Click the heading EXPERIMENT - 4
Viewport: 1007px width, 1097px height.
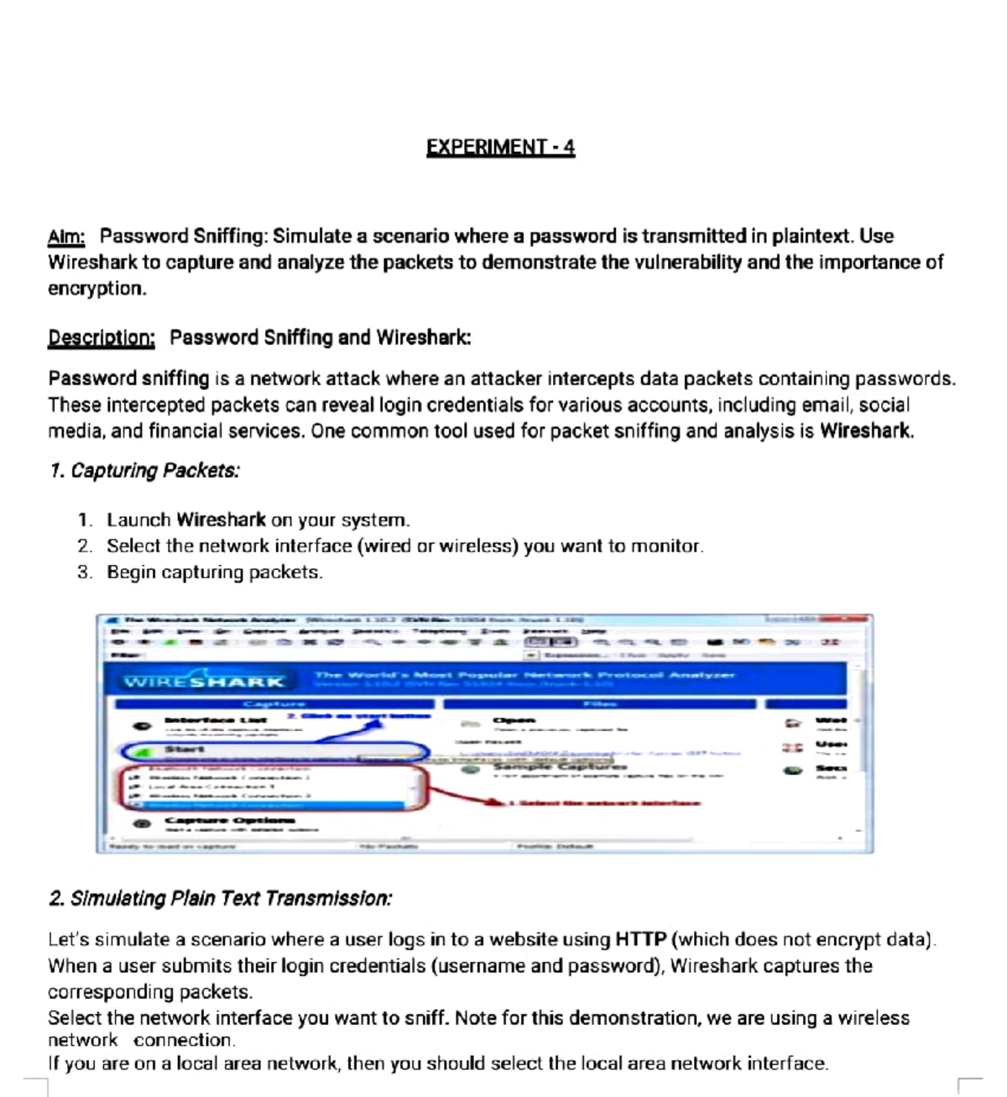coord(500,148)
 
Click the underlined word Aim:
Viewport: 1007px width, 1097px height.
coord(66,238)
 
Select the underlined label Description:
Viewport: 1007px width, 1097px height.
coord(102,338)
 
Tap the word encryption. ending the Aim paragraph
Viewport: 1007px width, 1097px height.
coord(97,289)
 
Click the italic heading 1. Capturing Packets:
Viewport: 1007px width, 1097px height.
coord(144,471)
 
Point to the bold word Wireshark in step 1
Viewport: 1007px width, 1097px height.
coord(221,520)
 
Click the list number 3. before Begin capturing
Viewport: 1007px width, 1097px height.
coord(85,572)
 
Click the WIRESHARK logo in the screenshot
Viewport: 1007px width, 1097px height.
coord(204,682)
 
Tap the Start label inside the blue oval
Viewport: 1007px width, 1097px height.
coord(184,749)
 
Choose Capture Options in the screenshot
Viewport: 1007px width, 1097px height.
coord(230,820)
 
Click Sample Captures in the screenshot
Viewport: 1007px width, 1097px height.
coord(560,765)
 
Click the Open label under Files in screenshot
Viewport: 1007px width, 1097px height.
coord(514,720)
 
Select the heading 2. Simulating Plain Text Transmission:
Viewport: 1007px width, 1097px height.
coord(220,899)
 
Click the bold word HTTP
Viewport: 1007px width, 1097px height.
coord(640,940)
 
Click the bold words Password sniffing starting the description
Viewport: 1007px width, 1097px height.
coord(128,379)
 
